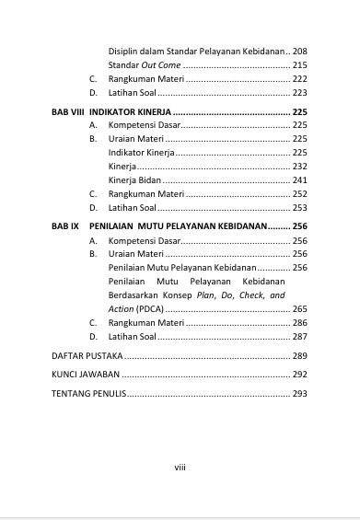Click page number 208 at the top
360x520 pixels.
[299, 50]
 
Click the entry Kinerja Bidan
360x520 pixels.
[134, 180]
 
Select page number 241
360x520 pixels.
[299, 180]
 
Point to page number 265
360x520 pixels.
[299, 309]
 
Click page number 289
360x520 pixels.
[299, 354]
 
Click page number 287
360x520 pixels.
[299, 337]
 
